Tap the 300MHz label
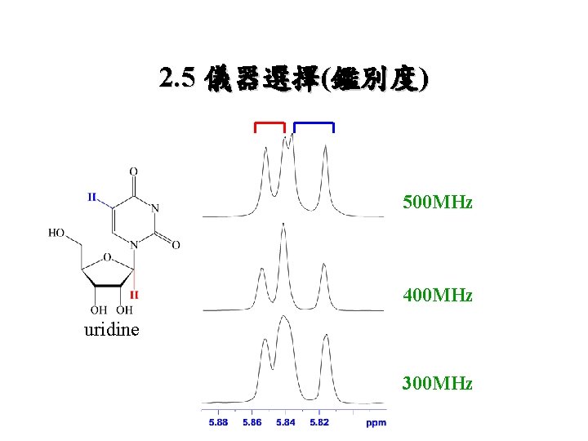coord(437,383)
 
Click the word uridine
coord(111,330)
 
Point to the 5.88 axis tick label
coord(218,422)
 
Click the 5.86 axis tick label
coord(252,422)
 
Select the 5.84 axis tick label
coord(286,422)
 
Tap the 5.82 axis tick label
coord(319,422)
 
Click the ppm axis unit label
coord(375,422)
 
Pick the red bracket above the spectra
coord(269,124)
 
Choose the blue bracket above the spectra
coord(314,124)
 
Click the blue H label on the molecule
coord(93,197)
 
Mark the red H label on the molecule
coord(134,294)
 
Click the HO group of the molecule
coord(57,233)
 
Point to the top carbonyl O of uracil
coord(134,171)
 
